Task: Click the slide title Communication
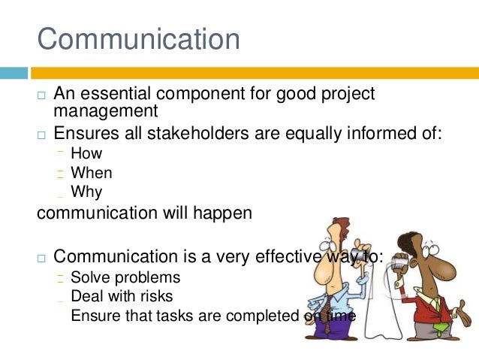(139, 39)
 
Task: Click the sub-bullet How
(86, 154)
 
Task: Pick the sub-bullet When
(91, 173)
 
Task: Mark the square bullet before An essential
(42, 95)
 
